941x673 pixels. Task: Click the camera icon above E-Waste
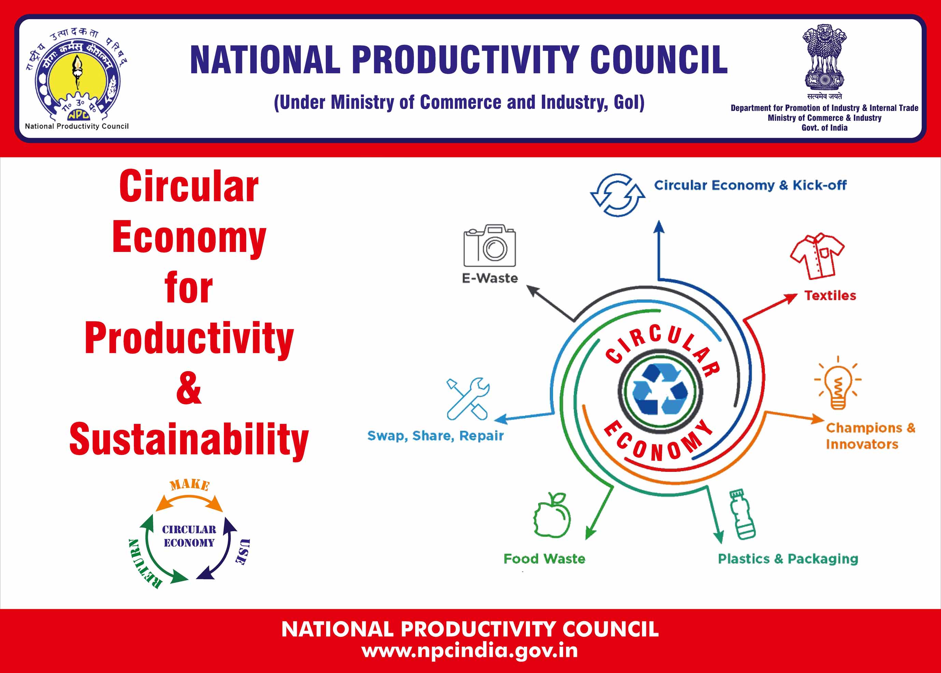[489, 246]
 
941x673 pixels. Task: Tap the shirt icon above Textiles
[817, 256]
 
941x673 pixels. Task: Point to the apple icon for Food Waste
[551, 515]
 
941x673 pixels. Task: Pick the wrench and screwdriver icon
[468, 399]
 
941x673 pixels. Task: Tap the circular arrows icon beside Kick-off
[617, 195]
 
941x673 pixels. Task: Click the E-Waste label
[490, 278]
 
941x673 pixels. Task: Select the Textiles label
[830, 295]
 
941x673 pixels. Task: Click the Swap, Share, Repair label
[435, 436]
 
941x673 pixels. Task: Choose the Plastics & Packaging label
[788, 559]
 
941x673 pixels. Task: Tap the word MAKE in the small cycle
[190, 485]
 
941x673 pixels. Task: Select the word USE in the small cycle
[242, 551]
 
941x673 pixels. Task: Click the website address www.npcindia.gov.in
[470, 650]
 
